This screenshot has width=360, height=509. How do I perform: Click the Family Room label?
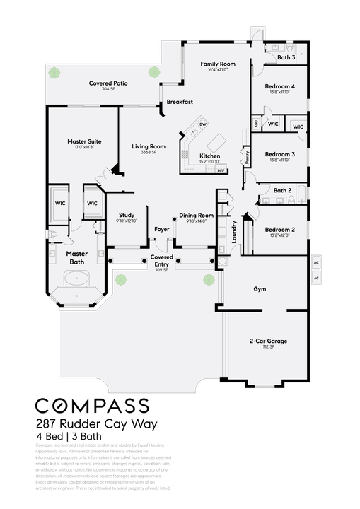tap(217, 64)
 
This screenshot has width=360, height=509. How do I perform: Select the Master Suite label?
tap(84, 141)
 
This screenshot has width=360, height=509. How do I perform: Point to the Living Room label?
tap(149, 146)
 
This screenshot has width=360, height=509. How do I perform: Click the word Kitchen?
tap(209, 156)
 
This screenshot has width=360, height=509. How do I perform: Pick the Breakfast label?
tap(180, 103)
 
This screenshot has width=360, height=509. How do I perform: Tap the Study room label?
tap(127, 215)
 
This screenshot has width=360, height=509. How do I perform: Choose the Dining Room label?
tap(196, 215)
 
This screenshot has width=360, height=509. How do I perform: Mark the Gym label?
tap(260, 289)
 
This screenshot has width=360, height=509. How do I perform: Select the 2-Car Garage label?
tap(268, 341)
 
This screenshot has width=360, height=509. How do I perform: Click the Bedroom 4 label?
tap(279, 86)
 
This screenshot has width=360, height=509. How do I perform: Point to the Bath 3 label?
tap(286, 57)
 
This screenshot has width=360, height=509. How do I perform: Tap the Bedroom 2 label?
tap(279, 230)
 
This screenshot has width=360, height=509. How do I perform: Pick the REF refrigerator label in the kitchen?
tap(221, 170)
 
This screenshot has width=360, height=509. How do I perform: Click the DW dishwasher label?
tap(203, 124)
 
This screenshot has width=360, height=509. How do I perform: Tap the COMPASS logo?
tap(93, 406)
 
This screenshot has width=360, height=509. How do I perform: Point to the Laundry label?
tap(235, 233)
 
